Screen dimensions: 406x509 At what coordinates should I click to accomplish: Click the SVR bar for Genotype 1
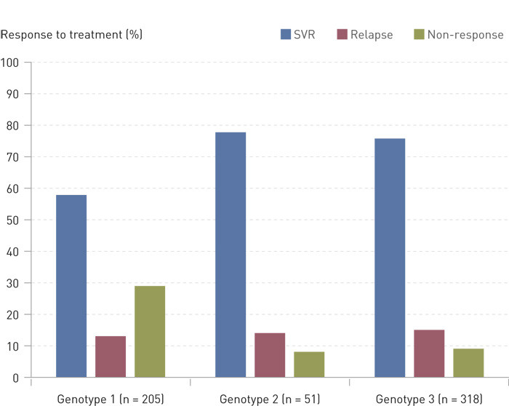tap(71, 286)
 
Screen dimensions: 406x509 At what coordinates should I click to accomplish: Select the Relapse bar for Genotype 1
tap(111, 357)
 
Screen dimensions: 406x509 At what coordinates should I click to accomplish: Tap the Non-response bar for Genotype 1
tap(150, 332)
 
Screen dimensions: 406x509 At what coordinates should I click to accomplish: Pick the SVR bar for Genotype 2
tap(231, 255)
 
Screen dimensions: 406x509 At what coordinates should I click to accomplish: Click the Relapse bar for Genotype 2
tap(270, 355)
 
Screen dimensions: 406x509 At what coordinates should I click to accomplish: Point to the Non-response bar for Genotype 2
tap(309, 365)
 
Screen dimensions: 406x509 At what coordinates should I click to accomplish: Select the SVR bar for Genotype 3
tap(390, 258)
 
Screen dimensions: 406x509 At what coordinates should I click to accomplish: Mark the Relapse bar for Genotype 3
tap(429, 354)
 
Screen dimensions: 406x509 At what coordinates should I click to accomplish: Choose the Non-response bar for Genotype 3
tap(468, 363)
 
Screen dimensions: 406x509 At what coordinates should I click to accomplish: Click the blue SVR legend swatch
tap(286, 34)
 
